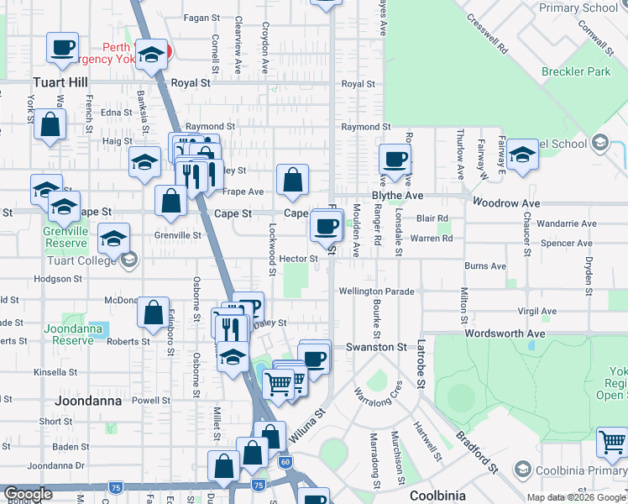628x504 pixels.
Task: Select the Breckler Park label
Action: [x=576, y=72]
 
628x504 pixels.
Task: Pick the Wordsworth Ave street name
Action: [x=505, y=333]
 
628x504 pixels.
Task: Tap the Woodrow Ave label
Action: [x=506, y=203]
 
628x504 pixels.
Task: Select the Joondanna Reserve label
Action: [x=73, y=334]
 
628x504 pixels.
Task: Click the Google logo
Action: [x=28, y=495]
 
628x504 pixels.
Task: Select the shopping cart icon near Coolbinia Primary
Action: [x=613, y=441]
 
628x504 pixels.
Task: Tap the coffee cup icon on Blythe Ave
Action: [x=394, y=158]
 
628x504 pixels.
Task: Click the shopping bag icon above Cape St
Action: [x=291, y=179]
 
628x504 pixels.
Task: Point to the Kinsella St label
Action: [x=56, y=372]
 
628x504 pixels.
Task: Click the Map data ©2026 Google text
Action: [x=576, y=497]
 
